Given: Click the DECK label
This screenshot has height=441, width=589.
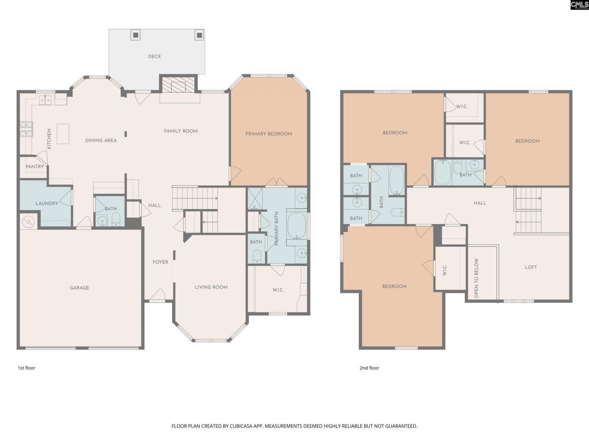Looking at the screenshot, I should pos(155,57).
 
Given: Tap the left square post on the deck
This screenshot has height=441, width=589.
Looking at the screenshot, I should pos(135,34).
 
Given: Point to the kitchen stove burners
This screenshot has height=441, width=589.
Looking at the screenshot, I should pos(26,129).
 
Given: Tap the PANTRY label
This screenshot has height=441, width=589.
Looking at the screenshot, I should pos(35,167).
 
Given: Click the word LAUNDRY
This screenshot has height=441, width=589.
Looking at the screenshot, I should pos(47,204).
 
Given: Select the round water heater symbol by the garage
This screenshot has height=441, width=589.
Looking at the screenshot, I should pos(29,222).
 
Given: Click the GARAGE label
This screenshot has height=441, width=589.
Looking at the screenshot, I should pos(79,288).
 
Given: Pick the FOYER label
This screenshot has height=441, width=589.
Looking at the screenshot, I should pos(161,262).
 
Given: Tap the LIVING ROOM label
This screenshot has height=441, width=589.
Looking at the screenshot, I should pos(211,287).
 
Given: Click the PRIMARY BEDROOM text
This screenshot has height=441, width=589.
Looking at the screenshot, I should pos(269,134).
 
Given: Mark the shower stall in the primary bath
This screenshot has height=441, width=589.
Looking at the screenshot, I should pos(254,198).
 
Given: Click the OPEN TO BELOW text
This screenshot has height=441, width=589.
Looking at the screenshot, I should pos(476,278).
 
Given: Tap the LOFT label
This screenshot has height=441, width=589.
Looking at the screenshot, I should pos(531,267).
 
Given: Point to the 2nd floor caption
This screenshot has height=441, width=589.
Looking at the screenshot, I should pos(370,368).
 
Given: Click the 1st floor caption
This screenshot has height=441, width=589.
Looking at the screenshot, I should pos(26,368).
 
